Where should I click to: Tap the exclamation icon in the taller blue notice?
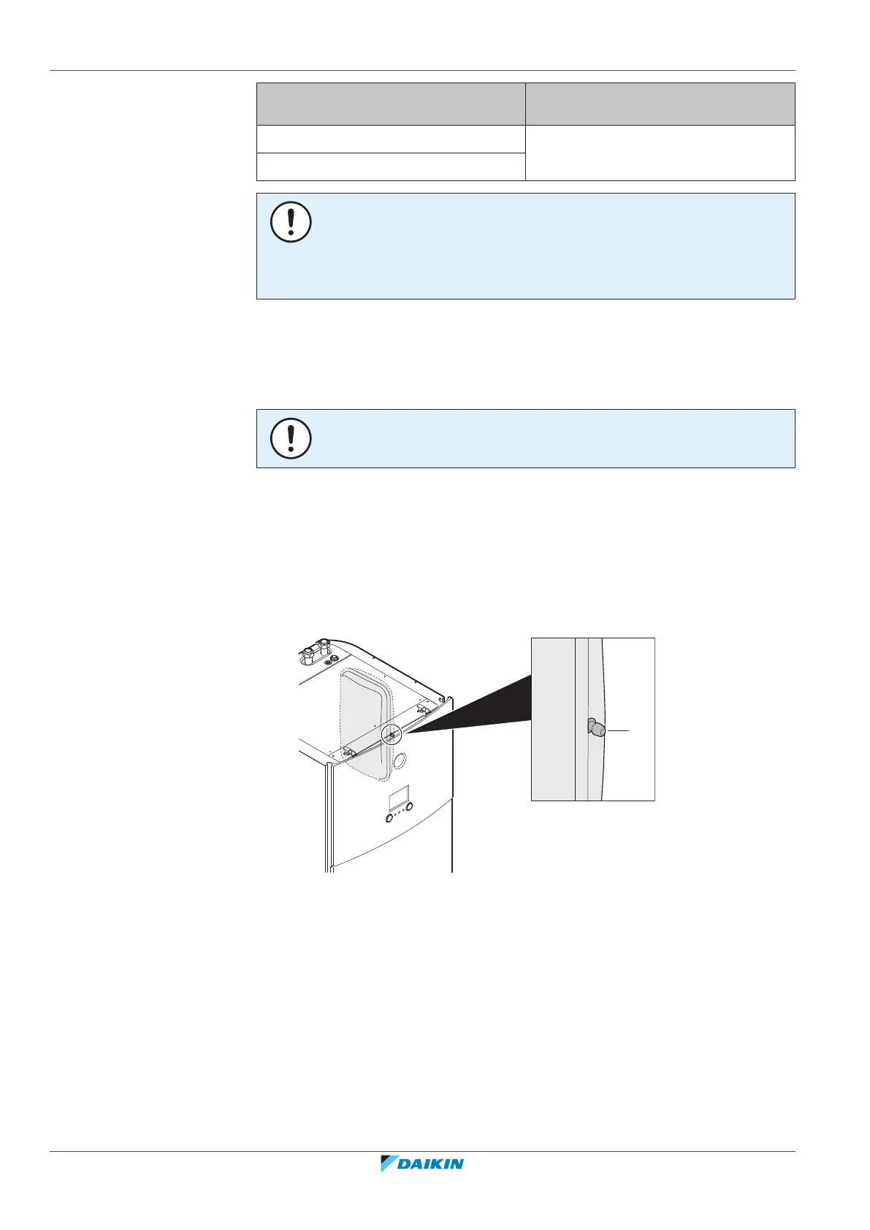coord(291,222)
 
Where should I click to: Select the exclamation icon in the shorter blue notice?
coord(291,438)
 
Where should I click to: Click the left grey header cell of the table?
coord(391,104)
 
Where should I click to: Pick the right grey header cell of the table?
coord(660,104)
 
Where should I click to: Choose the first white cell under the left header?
coord(391,139)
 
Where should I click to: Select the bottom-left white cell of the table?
coord(391,167)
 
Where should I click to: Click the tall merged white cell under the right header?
coord(660,153)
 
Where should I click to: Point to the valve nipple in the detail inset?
coord(595,728)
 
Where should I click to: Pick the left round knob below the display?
coord(389,817)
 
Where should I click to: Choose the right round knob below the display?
coord(409,806)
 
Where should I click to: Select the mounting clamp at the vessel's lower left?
coord(349,747)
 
